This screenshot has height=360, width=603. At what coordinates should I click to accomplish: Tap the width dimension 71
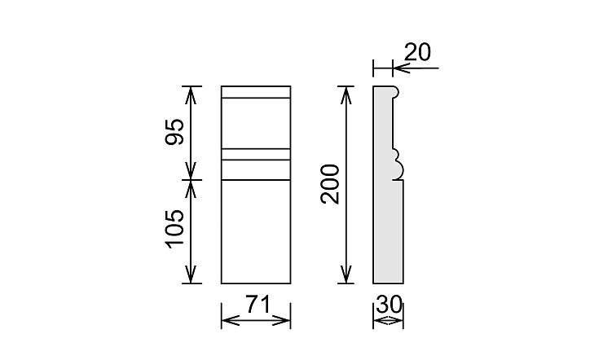[x=256, y=306]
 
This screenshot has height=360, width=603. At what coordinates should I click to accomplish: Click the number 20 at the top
[x=416, y=53]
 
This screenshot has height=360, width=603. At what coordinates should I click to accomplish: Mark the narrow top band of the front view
[x=256, y=92]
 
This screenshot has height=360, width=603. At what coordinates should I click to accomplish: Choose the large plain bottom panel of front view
[x=256, y=231]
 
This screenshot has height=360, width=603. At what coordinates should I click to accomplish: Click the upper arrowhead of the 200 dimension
[x=346, y=92]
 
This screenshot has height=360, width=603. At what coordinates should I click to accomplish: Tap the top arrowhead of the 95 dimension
[x=191, y=92]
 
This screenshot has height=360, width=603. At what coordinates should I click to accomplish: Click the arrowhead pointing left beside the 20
[x=399, y=68]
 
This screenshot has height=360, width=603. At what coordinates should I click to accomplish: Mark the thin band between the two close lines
[x=256, y=154]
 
